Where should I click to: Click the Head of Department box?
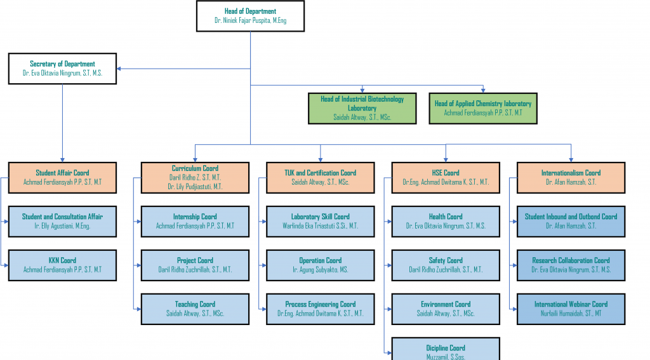(250, 16)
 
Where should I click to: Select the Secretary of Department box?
(62, 69)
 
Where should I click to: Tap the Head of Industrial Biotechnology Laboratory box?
(362, 108)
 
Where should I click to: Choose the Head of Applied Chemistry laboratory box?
(482, 108)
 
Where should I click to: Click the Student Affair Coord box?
(62, 177)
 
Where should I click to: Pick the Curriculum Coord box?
(195, 177)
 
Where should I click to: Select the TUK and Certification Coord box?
(320, 177)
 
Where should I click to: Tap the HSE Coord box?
(446, 177)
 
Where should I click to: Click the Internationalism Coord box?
(571, 177)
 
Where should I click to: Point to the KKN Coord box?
(62, 265)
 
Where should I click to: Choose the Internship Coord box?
(195, 221)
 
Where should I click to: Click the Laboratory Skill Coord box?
(320, 221)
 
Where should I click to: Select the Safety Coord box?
(446, 265)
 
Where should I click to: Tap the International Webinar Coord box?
(571, 309)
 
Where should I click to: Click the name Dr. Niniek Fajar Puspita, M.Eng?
(250, 21)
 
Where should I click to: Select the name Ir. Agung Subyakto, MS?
(320, 269)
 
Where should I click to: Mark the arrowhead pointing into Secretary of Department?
(120, 69)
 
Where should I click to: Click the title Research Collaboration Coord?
(571, 260)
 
